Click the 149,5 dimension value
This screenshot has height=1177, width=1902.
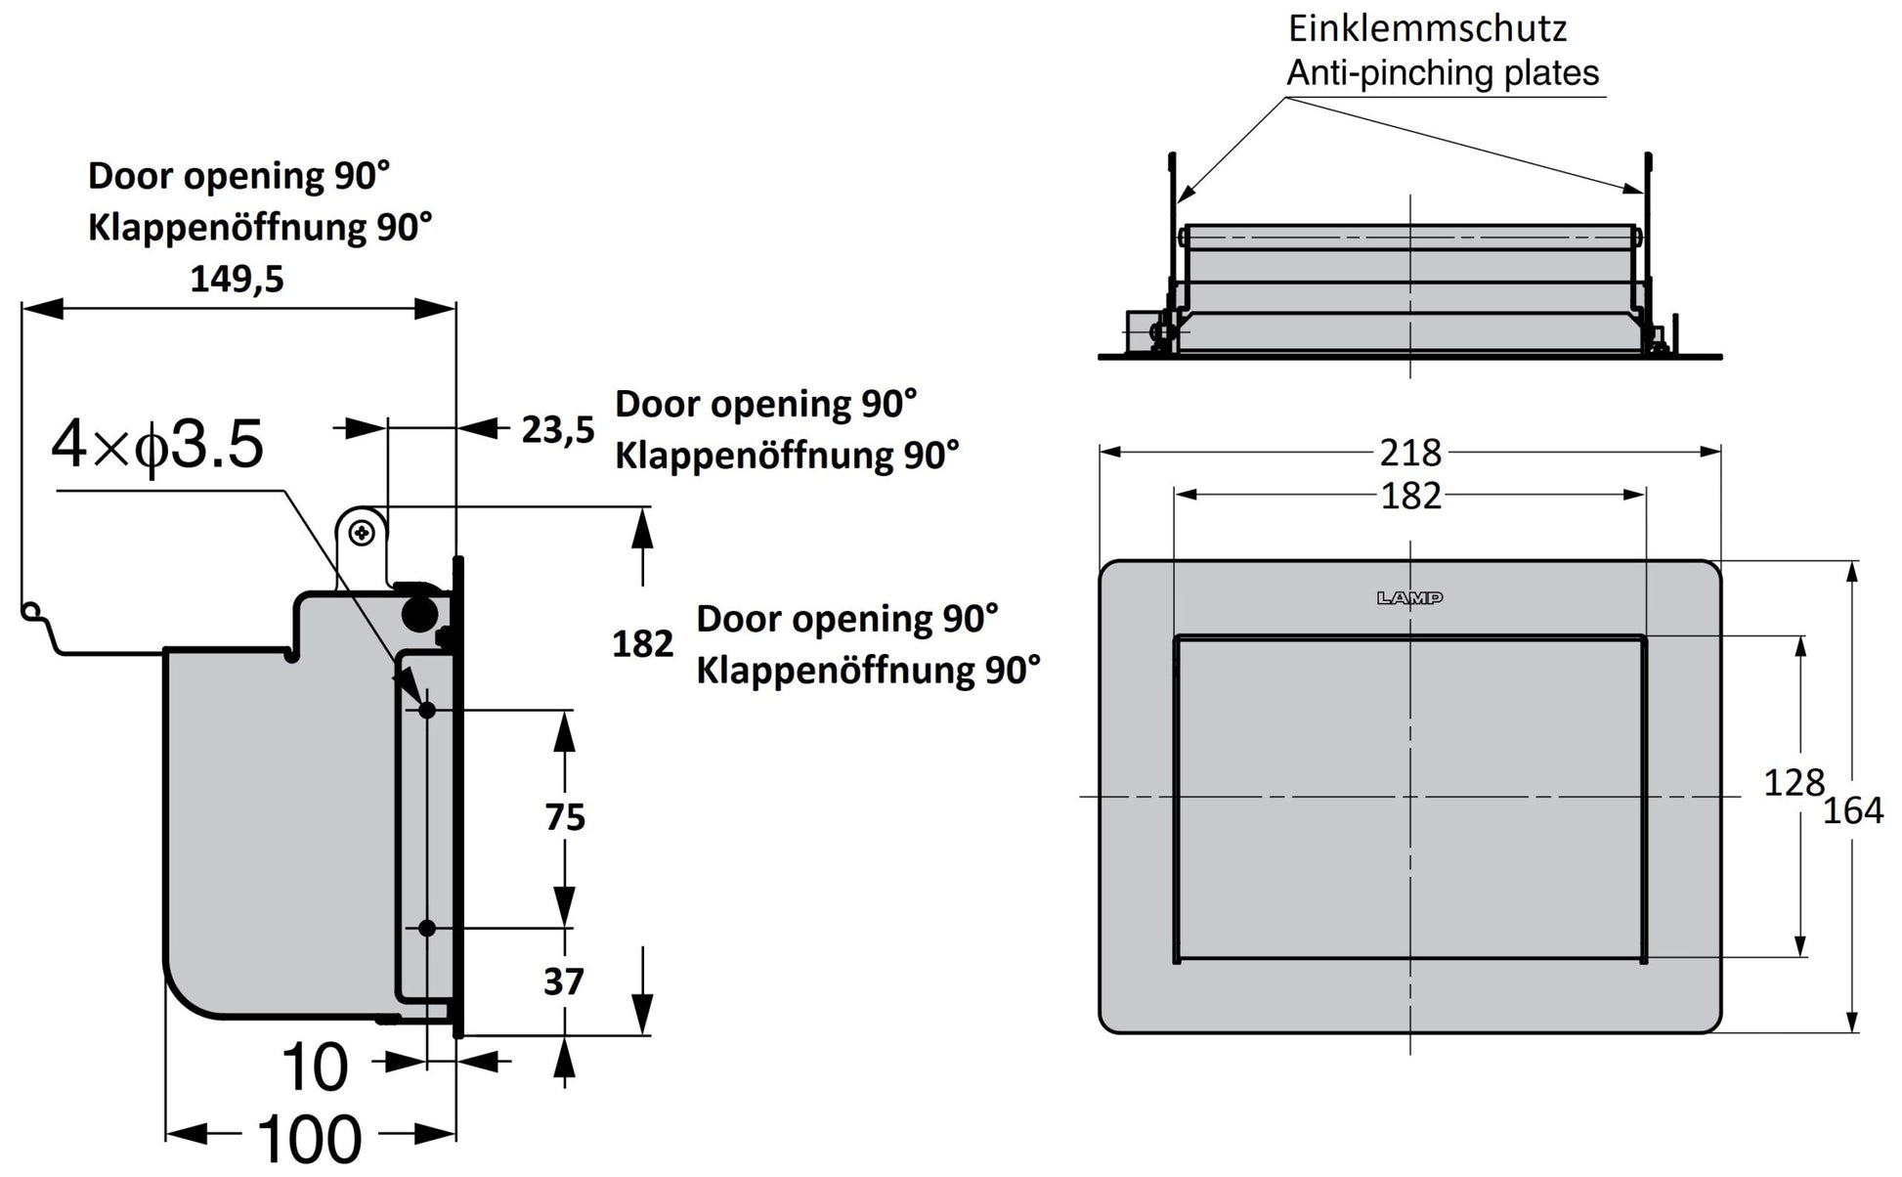[237, 280]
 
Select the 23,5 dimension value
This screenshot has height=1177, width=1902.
[557, 429]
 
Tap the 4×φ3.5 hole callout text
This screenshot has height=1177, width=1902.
[157, 445]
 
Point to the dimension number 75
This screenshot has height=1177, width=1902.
[565, 817]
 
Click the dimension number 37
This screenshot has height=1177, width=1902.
[563, 981]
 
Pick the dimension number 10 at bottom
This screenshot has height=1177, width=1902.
[314, 1067]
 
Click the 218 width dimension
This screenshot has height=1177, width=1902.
[1410, 453]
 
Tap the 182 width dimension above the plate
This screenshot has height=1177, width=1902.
[1410, 497]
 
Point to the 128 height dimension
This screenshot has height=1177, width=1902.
[1794, 782]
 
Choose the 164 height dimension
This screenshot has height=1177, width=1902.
[1853, 810]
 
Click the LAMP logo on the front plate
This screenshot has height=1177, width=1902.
[1409, 598]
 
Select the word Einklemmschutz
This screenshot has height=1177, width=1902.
[1427, 28]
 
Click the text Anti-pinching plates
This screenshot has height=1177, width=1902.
[1443, 73]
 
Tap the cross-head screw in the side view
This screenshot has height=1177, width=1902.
[363, 533]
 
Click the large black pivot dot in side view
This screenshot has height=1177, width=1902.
[419, 613]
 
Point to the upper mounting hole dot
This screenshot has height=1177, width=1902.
[427, 710]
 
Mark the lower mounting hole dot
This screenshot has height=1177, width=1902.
[427, 928]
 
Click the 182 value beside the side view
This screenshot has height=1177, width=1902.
[642, 644]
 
